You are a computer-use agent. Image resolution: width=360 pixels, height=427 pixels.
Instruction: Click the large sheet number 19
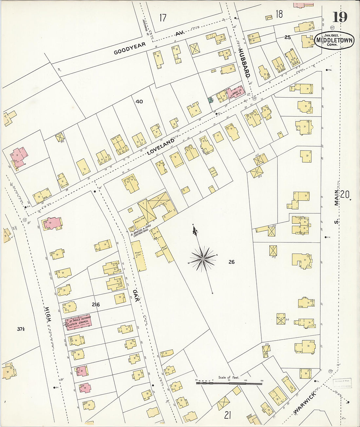pyautogui.click(x=340, y=17)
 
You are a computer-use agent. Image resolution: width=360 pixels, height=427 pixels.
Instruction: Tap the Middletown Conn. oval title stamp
pyautogui.click(x=334, y=40)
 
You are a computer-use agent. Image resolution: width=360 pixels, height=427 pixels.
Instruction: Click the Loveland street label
pyautogui.click(x=161, y=147)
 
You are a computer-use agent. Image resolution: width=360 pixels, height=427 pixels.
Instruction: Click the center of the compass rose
pyautogui.click(x=203, y=259)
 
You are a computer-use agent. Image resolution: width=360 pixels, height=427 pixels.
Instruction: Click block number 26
pyautogui.click(x=231, y=262)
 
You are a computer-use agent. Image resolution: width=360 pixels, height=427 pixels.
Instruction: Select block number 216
pyautogui.click(x=96, y=305)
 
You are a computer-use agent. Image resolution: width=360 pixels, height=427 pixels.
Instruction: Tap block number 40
pyautogui.click(x=139, y=101)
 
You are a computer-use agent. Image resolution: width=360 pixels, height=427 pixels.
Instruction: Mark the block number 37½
pyautogui.click(x=21, y=329)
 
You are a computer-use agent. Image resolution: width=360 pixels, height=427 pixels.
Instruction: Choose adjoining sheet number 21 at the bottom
pyautogui.click(x=227, y=415)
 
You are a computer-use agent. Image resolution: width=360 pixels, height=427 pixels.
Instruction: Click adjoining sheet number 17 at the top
pyautogui.click(x=163, y=17)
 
